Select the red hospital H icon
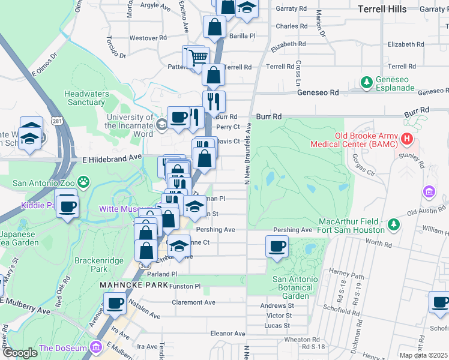(x=408, y=139)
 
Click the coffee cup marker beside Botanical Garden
(x=277, y=247)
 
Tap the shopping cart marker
(x=198, y=58)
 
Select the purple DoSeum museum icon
(x=95, y=347)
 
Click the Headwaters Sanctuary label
(x=86, y=98)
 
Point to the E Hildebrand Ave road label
(x=112, y=157)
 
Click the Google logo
(x=20, y=353)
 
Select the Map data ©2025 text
(x=423, y=355)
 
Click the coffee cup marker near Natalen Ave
(x=115, y=303)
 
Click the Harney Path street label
(x=347, y=275)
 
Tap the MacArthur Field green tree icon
(x=394, y=224)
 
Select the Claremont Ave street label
(x=193, y=302)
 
